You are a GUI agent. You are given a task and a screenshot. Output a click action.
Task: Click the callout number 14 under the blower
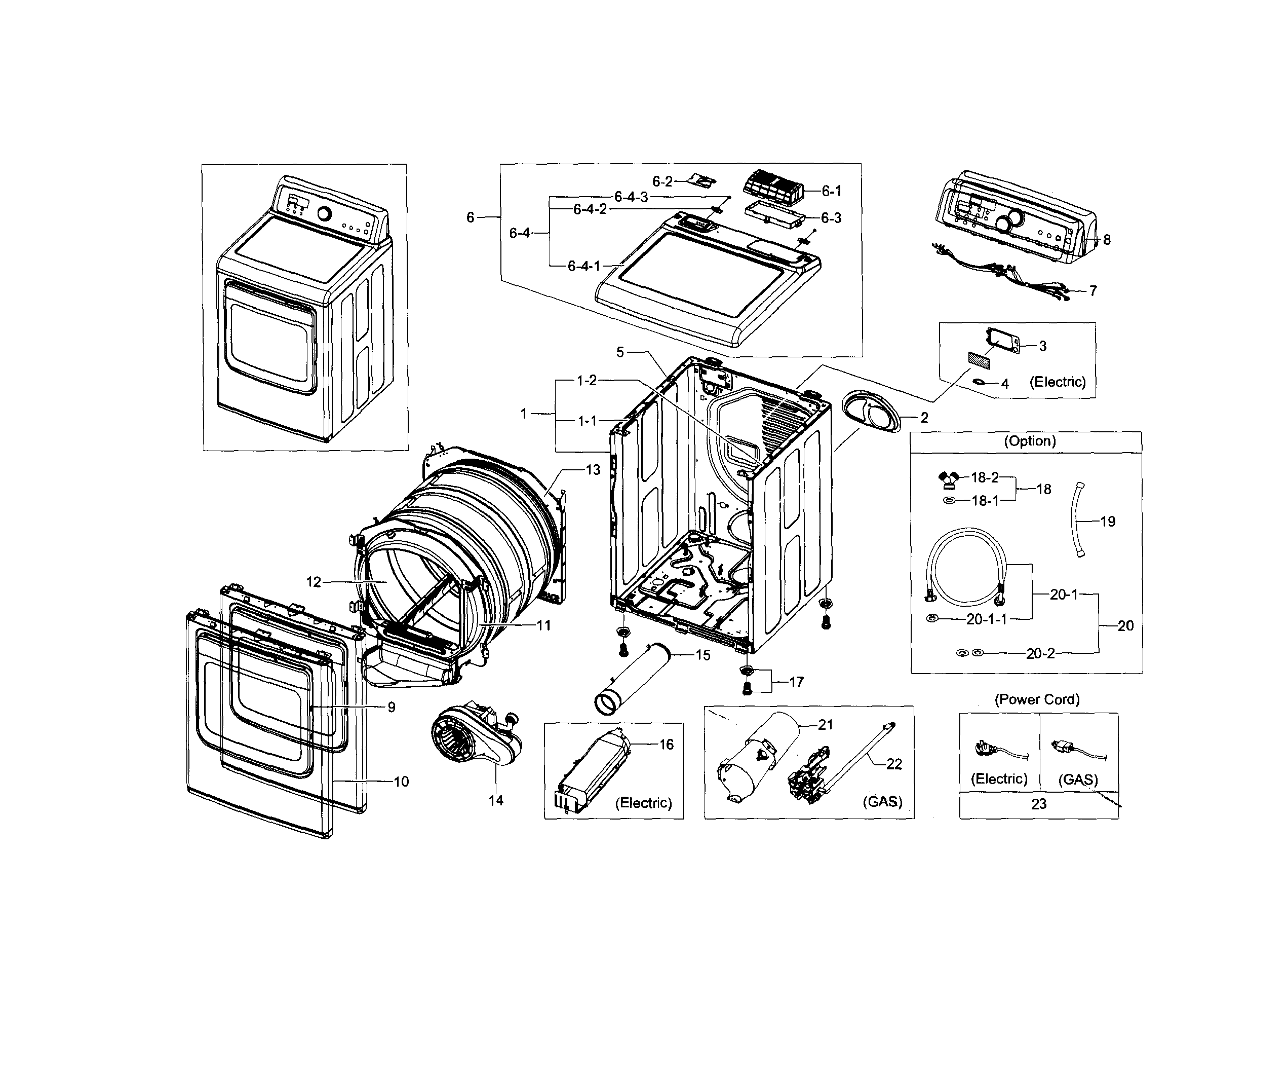pyautogui.click(x=495, y=800)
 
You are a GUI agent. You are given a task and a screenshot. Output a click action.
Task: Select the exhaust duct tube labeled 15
pyautogui.click(x=632, y=678)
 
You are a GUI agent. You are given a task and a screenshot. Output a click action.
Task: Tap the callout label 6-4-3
pyautogui.click(x=631, y=197)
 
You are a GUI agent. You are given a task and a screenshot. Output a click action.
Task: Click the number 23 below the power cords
pyautogui.click(x=1038, y=804)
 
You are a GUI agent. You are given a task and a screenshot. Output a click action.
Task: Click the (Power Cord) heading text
pyautogui.click(x=1037, y=699)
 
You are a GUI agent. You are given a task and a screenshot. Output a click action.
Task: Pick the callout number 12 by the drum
pyautogui.click(x=314, y=582)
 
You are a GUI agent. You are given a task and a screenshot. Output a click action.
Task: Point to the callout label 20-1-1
pyautogui.click(x=986, y=619)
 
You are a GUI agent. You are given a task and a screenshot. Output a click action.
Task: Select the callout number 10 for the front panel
pyautogui.click(x=401, y=782)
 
